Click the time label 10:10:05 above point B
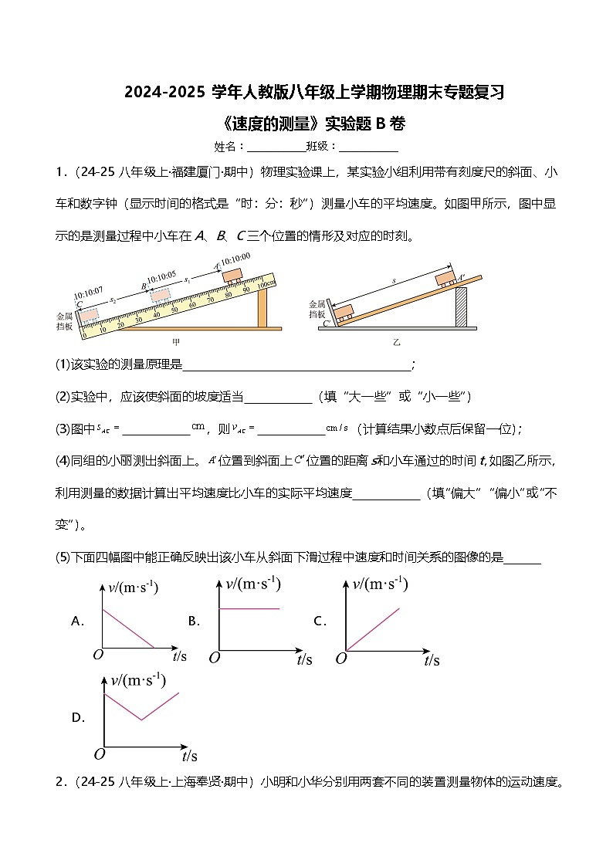pos(161,275)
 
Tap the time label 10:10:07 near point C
pos(87,293)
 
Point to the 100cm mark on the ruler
pos(266,283)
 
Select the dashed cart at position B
pos(160,294)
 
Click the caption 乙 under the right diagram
pos(396,340)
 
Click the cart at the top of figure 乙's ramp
pos(445,277)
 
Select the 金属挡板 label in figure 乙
pos(317,309)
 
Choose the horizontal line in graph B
pos(249,609)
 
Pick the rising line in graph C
pos(374,628)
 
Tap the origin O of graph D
pos(98,754)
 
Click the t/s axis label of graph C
pos(432,660)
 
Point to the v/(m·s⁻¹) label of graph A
pos(133,588)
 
